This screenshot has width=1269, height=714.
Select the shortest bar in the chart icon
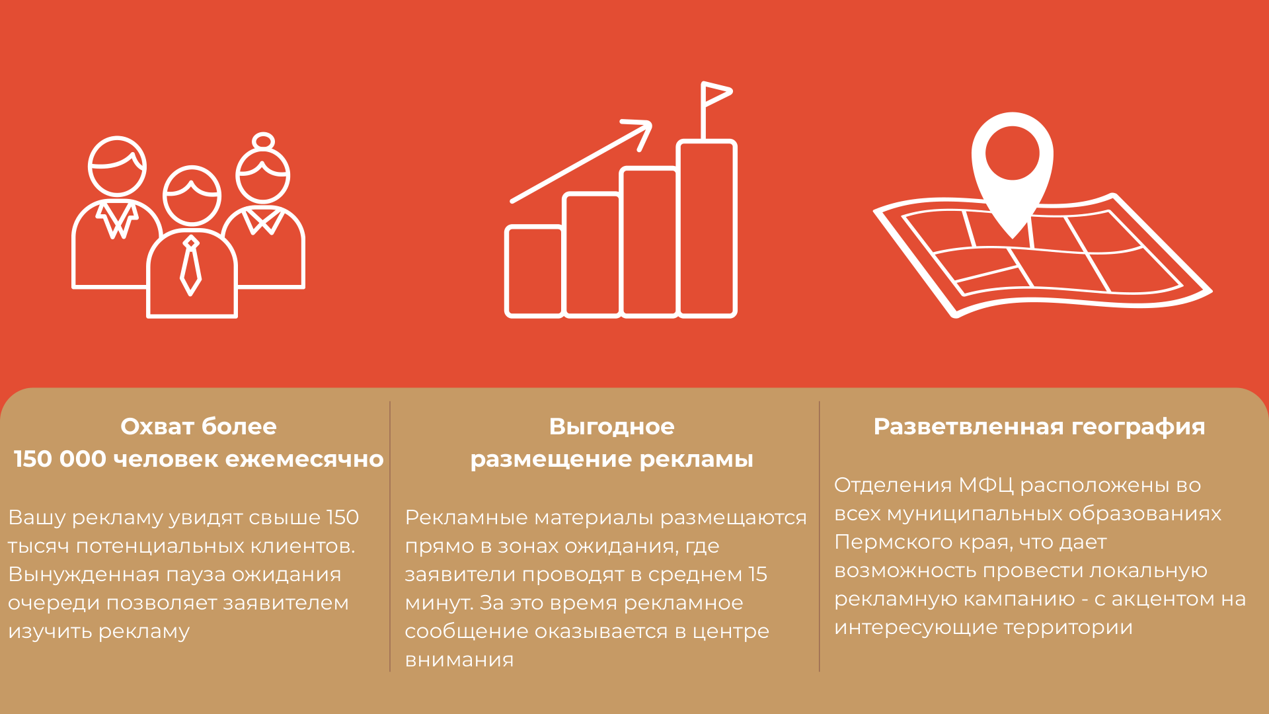tap(534, 271)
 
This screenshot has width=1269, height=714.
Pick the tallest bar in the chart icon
tap(707, 228)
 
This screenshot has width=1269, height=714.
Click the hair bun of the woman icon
tap(263, 141)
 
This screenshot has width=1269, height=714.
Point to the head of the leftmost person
tap(117, 166)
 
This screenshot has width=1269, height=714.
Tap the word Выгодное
tap(612, 426)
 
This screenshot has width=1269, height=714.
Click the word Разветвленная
tap(969, 426)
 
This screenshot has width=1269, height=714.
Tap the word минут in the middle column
tap(439, 603)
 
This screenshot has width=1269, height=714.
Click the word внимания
tap(459, 660)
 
